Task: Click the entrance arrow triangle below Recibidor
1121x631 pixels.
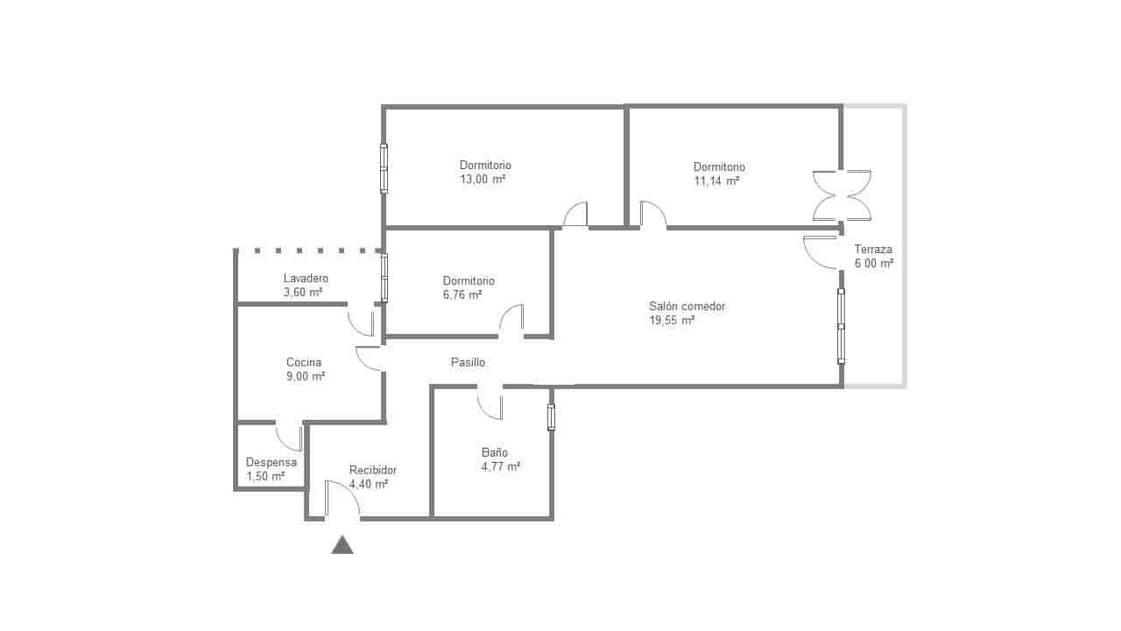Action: (x=342, y=545)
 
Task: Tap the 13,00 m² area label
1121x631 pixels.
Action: (x=483, y=179)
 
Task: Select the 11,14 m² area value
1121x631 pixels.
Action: (x=716, y=181)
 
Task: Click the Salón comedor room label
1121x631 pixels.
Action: (x=687, y=307)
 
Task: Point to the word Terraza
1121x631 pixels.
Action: (x=873, y=249)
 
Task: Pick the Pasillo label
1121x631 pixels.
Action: (x=468, y=362)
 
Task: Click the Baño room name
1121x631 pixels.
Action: (x=494, y=452)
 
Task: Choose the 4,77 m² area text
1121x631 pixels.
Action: (x=501, y=466)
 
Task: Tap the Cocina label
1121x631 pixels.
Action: (x=304, y=362)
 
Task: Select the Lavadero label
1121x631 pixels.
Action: (x=306, y=278)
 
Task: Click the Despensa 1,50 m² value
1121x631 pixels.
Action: (x=265, y=476)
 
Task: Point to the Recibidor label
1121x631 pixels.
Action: (x=373, y=470)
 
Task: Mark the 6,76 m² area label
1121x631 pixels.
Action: (x=462, y=294)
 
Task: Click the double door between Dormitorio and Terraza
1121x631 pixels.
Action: (x=842, y=195)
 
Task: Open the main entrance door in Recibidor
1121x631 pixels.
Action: (x=342, y=501)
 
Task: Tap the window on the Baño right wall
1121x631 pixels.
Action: (x=551, y=416)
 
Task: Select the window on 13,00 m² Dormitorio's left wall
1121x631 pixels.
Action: (x=384, y=168)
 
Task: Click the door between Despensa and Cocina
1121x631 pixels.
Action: (x=290, y=436)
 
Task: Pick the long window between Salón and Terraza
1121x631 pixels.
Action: (x=841, y=326)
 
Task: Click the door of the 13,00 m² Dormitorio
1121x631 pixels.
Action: (x=575, y=216)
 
